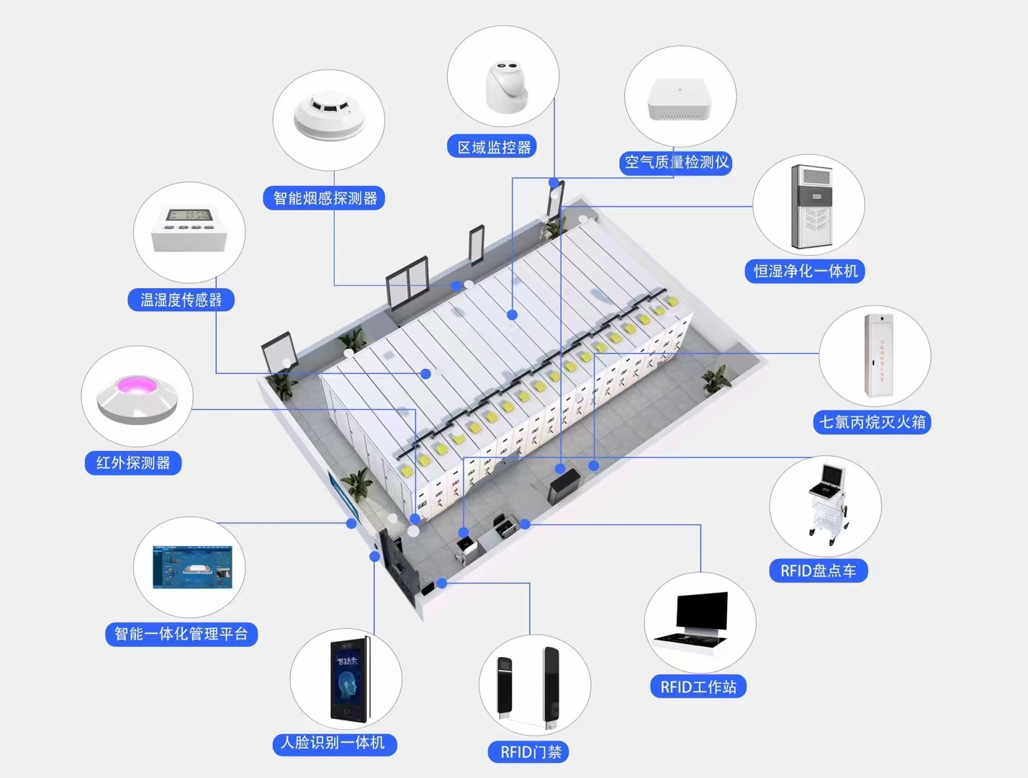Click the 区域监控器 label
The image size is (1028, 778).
coord(493,148)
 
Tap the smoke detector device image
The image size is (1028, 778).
coord(329,115)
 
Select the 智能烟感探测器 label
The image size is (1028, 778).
coord(325,198)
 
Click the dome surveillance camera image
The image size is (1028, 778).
coord(506,87)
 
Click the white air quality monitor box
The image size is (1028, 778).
coord(679,100)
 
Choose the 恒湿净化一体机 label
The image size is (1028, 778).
coord(805,272)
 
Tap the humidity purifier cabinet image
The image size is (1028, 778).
coord(812,207)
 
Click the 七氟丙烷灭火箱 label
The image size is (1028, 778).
coord(872,422)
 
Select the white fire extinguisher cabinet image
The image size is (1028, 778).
coord(878,354)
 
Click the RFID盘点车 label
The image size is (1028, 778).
coord(818,571)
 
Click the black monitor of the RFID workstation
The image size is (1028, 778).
coord(702,610)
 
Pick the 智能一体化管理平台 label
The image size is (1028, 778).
coord(181,634)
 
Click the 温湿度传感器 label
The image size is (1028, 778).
coord(181,300)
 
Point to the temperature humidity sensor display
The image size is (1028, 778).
coord(189,215)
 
